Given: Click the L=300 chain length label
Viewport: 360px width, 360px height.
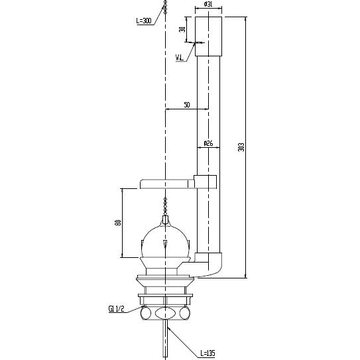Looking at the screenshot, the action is (x=144, y=21).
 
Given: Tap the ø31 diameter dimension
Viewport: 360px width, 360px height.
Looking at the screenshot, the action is (x=208, y=4).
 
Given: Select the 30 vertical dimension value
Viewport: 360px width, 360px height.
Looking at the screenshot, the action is (x=182, y=29).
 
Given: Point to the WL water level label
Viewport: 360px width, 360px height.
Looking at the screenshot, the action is (x=180, y=58).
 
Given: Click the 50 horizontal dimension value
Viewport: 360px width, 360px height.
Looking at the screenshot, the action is (x=187, y=105).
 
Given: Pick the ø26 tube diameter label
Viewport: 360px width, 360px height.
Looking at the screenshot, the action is (x=208, y=143).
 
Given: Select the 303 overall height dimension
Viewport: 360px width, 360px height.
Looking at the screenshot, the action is (x=241, y=147).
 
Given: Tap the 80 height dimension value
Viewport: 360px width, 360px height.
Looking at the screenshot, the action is (x=118, y=223).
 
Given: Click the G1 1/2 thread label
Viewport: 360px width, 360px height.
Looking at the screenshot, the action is (x=116, y=309).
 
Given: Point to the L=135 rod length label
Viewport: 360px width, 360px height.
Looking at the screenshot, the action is (x=208, y=353).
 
